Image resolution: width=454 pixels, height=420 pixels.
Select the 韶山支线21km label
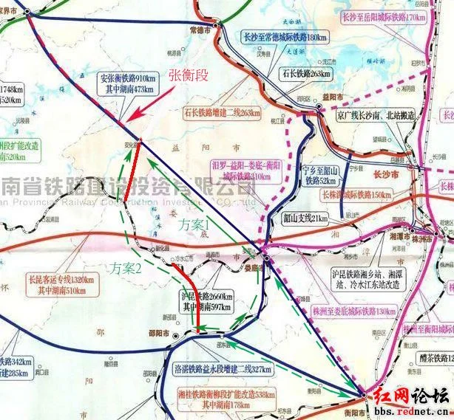305,219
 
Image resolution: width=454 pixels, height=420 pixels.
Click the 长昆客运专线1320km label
60,285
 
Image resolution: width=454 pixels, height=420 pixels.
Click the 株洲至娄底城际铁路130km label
354,311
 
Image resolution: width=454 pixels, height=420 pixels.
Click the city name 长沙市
384,174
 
